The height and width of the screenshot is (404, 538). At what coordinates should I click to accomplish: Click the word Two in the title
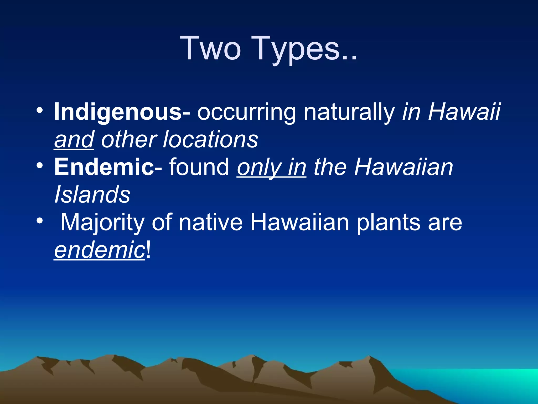(210, 49)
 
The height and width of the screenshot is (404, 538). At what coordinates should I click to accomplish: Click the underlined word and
(74, 140)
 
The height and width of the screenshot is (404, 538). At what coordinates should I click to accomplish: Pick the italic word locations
(210, 140)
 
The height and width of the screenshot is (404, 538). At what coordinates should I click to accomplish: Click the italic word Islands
(92, 195)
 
